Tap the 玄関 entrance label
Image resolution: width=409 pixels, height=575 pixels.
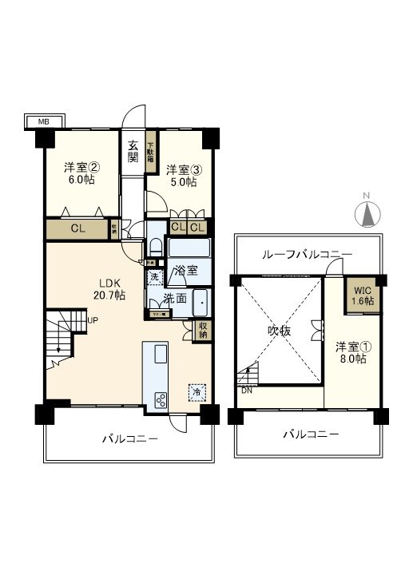[x=133, y=151]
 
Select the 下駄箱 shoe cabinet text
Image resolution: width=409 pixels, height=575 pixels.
[x=149, y=152]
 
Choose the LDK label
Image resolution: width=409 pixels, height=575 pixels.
[x=109, y=282]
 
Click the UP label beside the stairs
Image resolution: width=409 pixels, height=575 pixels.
[x=93, y=321]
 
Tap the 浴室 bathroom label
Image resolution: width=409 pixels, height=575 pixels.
[x=187, y=270]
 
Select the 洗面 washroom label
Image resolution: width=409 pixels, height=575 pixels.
[x=176, y=299]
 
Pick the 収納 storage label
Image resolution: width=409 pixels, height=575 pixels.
[x=204, y=330]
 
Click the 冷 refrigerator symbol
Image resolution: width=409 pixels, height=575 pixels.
[x=196, y=392]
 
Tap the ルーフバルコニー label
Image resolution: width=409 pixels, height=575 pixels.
[x=308, y=254]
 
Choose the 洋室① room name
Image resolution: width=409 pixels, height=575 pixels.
[x=352, y=347]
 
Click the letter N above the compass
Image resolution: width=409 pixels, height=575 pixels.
[x=365, y=196]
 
